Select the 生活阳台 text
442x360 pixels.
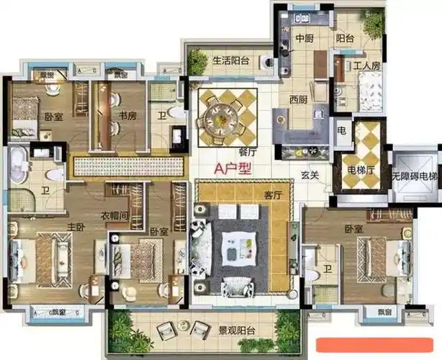tap(231, 60)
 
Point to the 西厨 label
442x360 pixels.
tap(299, 99)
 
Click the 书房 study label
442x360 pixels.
tap(129, 115)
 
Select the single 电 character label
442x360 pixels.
tap(342, 132)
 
